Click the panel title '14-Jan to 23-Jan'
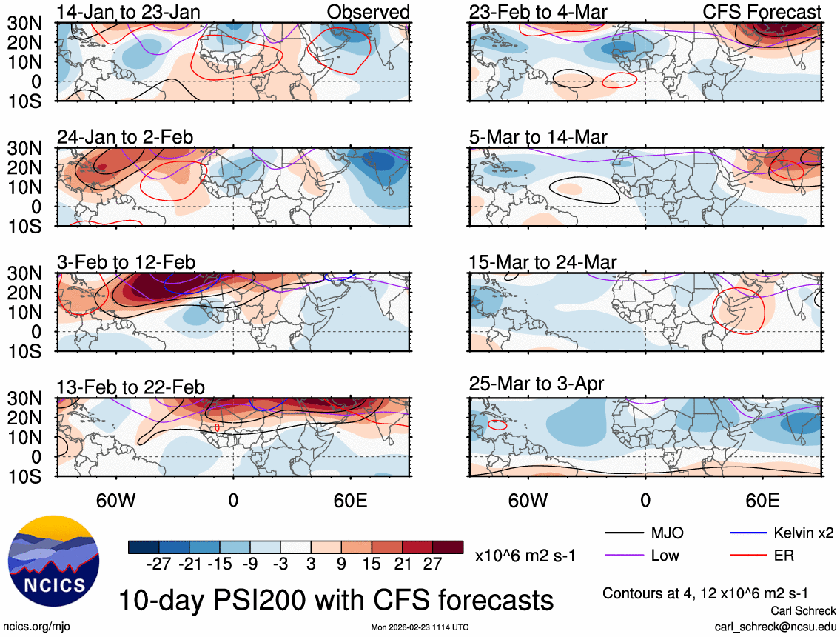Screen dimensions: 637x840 (129, 12)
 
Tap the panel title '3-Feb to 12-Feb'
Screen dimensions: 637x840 (127, 262)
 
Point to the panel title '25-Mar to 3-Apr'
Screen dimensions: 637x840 (537, 384)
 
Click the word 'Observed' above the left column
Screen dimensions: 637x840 (369, 12)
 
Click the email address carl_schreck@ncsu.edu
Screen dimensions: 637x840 (775, 626)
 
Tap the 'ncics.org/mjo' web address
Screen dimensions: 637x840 (36, 627)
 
